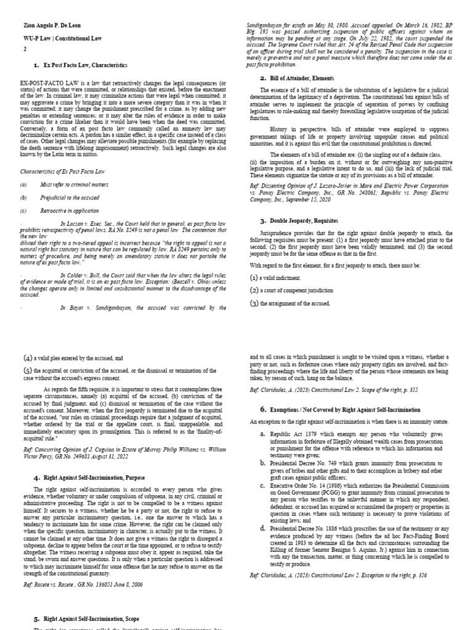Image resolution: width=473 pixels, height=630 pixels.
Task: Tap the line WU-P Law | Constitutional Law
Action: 59,38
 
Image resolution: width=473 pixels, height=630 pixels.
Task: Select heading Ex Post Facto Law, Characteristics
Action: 86,65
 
